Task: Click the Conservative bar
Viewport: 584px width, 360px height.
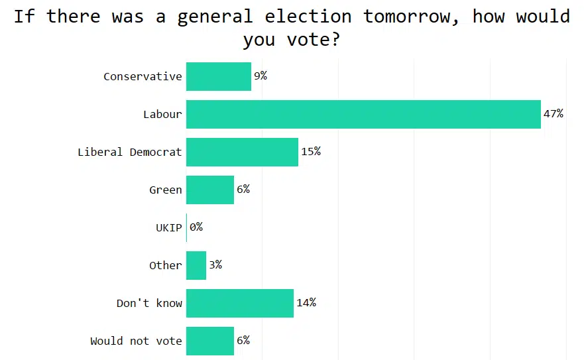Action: (219, 76)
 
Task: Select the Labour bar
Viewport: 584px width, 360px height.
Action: (363, 114)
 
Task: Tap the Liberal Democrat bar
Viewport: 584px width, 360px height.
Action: (242, 152)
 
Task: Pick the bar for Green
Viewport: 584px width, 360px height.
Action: (210, 190)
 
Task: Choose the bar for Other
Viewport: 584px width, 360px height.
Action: (196, 265)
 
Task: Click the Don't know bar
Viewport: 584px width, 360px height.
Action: (240, 303)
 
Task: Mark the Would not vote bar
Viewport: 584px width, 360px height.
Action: (210, 341)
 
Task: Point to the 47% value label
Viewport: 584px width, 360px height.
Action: (554, 114)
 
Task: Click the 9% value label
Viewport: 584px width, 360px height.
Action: (261, 76)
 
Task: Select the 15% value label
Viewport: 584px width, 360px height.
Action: (311, 152)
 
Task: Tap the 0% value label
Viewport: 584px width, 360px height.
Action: (196, 227)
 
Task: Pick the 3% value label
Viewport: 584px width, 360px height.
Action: (215, 265)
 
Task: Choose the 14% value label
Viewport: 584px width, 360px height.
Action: (306, 303)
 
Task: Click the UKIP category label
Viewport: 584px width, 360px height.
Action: (168, 227)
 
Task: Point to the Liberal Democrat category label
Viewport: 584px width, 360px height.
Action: (130, 152)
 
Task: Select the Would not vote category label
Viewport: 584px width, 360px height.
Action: (137, 341)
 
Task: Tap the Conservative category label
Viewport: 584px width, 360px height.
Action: (143, 76)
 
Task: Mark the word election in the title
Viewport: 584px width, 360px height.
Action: (310, 16)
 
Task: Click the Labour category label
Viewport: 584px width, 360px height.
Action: (162, 114)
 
